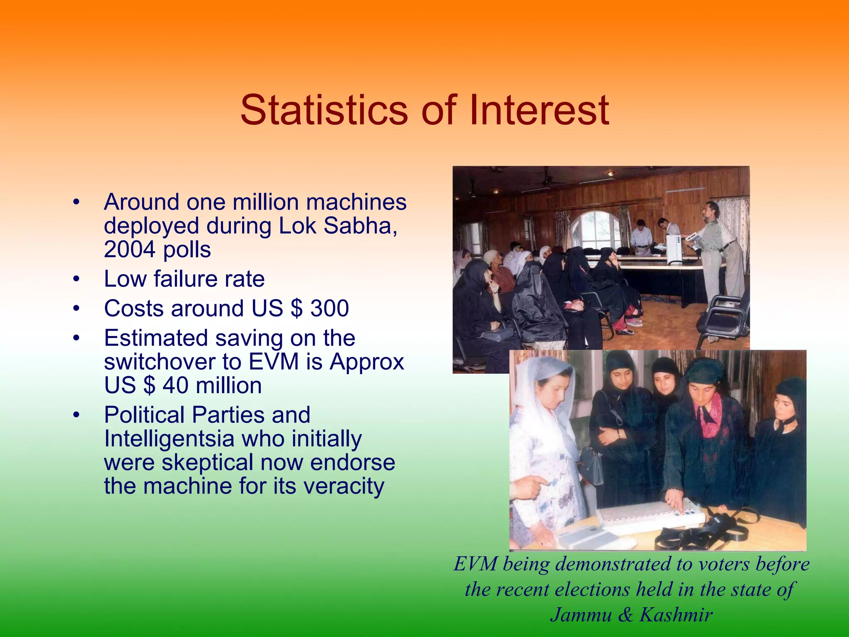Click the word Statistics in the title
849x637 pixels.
[x=324, y=110]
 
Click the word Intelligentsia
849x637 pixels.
[x=169, y=439]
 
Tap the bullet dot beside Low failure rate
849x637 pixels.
[x=75, y=279]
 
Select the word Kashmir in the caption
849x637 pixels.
[x=676, y=615]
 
